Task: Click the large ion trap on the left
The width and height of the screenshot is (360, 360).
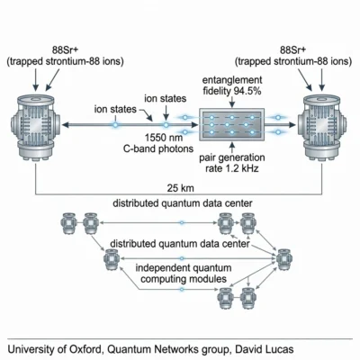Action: (x=36, y=128)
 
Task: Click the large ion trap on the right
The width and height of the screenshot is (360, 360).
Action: (x=322, y=128)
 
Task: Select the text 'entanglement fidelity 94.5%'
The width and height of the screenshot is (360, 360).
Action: (x=232, y=85)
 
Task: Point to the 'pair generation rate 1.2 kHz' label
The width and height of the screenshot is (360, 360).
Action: (x=232, y=163)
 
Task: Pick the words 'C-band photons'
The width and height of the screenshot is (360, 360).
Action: (x=158, y=148)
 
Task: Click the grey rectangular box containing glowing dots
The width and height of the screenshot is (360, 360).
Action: (x=231, y=124)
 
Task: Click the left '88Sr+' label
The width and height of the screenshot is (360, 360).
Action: (x=65, y=49)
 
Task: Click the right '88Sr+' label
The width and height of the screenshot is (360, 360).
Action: (x=293, y=49)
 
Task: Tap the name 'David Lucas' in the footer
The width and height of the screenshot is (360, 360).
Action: (x=265, y=349)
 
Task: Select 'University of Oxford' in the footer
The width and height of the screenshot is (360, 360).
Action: (x=55, y=349)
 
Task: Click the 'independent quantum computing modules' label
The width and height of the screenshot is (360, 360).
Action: (x=184, y=274)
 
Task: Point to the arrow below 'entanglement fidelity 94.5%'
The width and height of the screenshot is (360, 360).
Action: (x=232, y=102)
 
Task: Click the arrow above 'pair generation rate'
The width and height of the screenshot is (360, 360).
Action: (x=232, y=147)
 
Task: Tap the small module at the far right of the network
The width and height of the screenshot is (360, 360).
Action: (x=283, y=259)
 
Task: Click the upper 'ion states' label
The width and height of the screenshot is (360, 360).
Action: (x=166, y=98)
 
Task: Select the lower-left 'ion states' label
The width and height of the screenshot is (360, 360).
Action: (x=115, y=109)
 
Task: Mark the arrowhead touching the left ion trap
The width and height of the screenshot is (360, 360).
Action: (x=65, y=125)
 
